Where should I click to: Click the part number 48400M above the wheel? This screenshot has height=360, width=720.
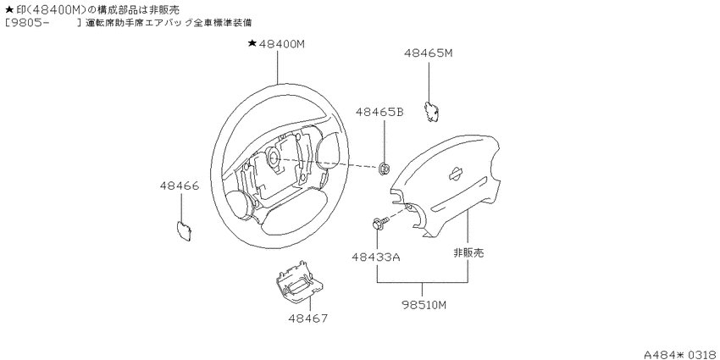coord(282,43)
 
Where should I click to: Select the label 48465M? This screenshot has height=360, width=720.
coord(429,53)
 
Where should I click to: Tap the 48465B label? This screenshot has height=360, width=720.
coord(379,112)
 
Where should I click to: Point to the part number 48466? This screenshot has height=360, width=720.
coord(180,186)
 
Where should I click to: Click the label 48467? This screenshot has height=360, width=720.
coord(308,318)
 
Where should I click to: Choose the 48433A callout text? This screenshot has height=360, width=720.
coord(376,258)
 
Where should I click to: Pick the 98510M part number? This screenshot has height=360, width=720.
coord(423,305)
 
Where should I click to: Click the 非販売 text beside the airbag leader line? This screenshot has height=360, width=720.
coord(468,252)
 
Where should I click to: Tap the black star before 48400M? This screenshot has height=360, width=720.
coord(252,43)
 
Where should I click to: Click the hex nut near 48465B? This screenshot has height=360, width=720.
coord(384,169)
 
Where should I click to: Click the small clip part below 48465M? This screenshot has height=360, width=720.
coord(430,111)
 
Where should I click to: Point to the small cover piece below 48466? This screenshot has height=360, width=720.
coord(184,230)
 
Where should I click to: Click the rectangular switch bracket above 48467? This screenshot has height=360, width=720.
coord(297,282)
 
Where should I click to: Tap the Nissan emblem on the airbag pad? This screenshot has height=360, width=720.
coord(456,173)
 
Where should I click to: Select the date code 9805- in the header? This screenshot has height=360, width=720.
coord(27,22)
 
